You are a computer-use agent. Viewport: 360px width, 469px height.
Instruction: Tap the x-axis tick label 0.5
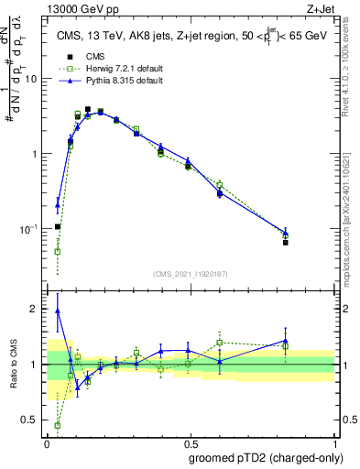click(190, 442)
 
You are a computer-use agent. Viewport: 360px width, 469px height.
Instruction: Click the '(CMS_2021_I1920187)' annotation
click(190, 273)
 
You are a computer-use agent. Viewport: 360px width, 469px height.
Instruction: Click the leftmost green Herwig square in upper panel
click(58, 251)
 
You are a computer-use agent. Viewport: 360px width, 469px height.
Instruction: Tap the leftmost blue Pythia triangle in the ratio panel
click(58, 311)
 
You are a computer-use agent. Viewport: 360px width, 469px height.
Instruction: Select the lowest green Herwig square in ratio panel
click(58, 425)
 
